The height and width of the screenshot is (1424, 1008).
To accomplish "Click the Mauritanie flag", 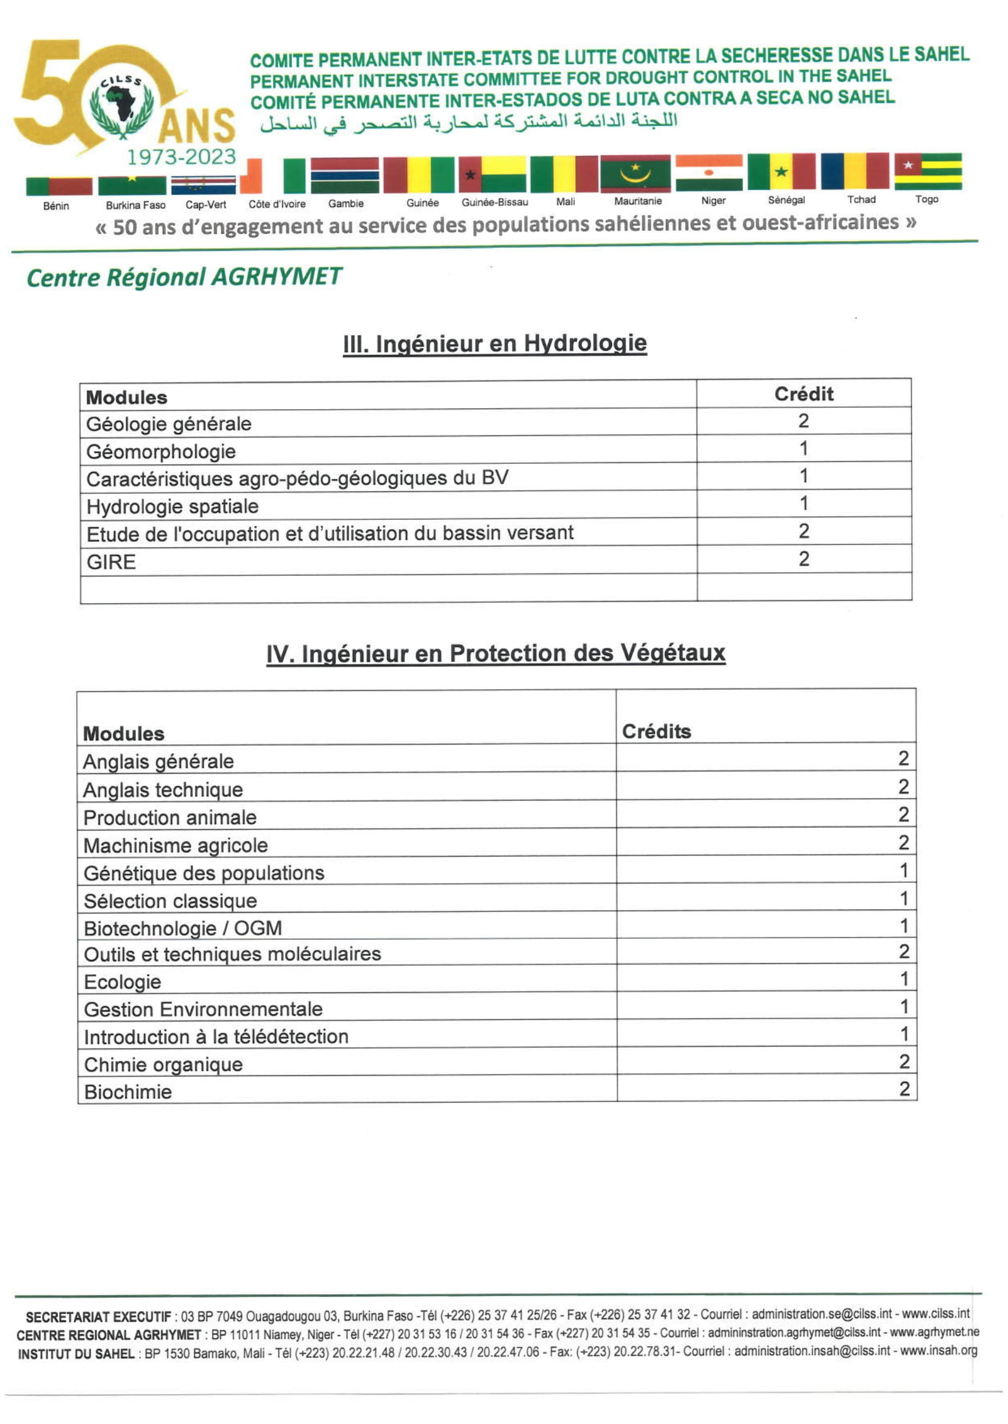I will tap(635, 174).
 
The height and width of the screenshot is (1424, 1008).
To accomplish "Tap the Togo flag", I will tap(928, 170).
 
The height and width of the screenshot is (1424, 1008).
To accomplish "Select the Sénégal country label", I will tap(786, 200).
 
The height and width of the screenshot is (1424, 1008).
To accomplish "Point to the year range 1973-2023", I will tap(181, 157).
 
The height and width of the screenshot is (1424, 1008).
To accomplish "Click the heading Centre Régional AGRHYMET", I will tap(183, 276).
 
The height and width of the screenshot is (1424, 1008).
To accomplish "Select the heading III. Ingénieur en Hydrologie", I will tap(495, 343).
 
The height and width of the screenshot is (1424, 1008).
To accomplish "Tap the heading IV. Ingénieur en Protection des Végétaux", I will tap(495, 654).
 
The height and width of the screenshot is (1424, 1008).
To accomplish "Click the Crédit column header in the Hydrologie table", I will tap(803, 394).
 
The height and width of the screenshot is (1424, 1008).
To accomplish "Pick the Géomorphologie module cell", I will tap(161, 452).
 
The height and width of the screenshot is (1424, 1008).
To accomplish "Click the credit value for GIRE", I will tap(804, 559).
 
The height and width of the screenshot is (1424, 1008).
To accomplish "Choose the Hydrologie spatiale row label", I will tap(172, 507).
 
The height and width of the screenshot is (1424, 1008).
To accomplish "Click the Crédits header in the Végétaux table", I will tap(656, 731).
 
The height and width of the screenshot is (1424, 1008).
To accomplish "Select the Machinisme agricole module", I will tap(176, 846).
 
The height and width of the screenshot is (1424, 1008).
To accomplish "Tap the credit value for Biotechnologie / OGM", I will tap(904, 926).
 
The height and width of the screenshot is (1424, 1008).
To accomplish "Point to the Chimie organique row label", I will tap(163, 1064).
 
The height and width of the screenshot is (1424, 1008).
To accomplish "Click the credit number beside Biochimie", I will tap(904, 1089).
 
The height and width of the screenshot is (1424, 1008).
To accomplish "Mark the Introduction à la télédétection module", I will tap(216, 1036).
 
